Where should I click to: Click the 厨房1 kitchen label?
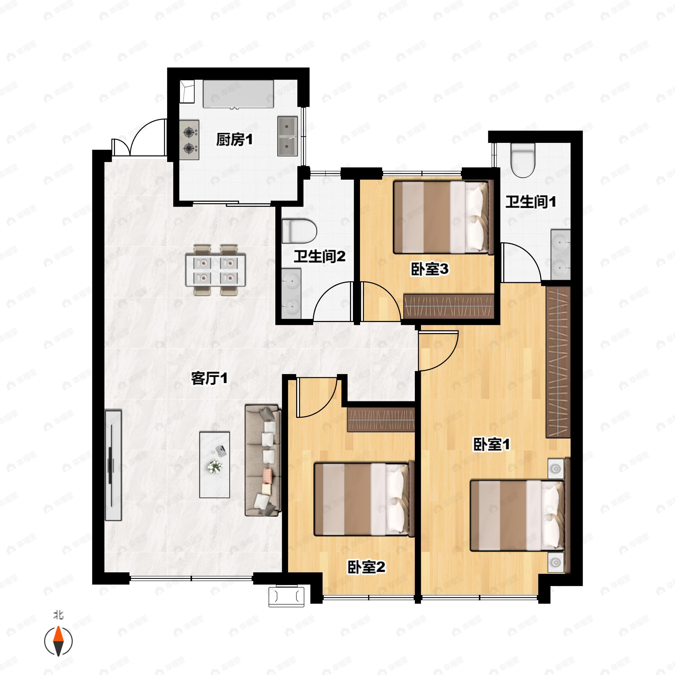coord(234,140)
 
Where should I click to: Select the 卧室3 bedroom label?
coord(429,269)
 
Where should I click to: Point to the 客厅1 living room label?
coord(209,378)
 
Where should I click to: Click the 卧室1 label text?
coord(492,445)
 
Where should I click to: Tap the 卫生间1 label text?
coord(530,202)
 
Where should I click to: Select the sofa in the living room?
coord(263,460)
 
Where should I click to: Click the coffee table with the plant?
coord(215,464)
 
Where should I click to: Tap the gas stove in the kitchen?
coord(189,140)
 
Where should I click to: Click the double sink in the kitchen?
coord(287,136)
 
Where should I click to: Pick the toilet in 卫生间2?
coord(299,231)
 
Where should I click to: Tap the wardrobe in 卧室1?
coord(558,362)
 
